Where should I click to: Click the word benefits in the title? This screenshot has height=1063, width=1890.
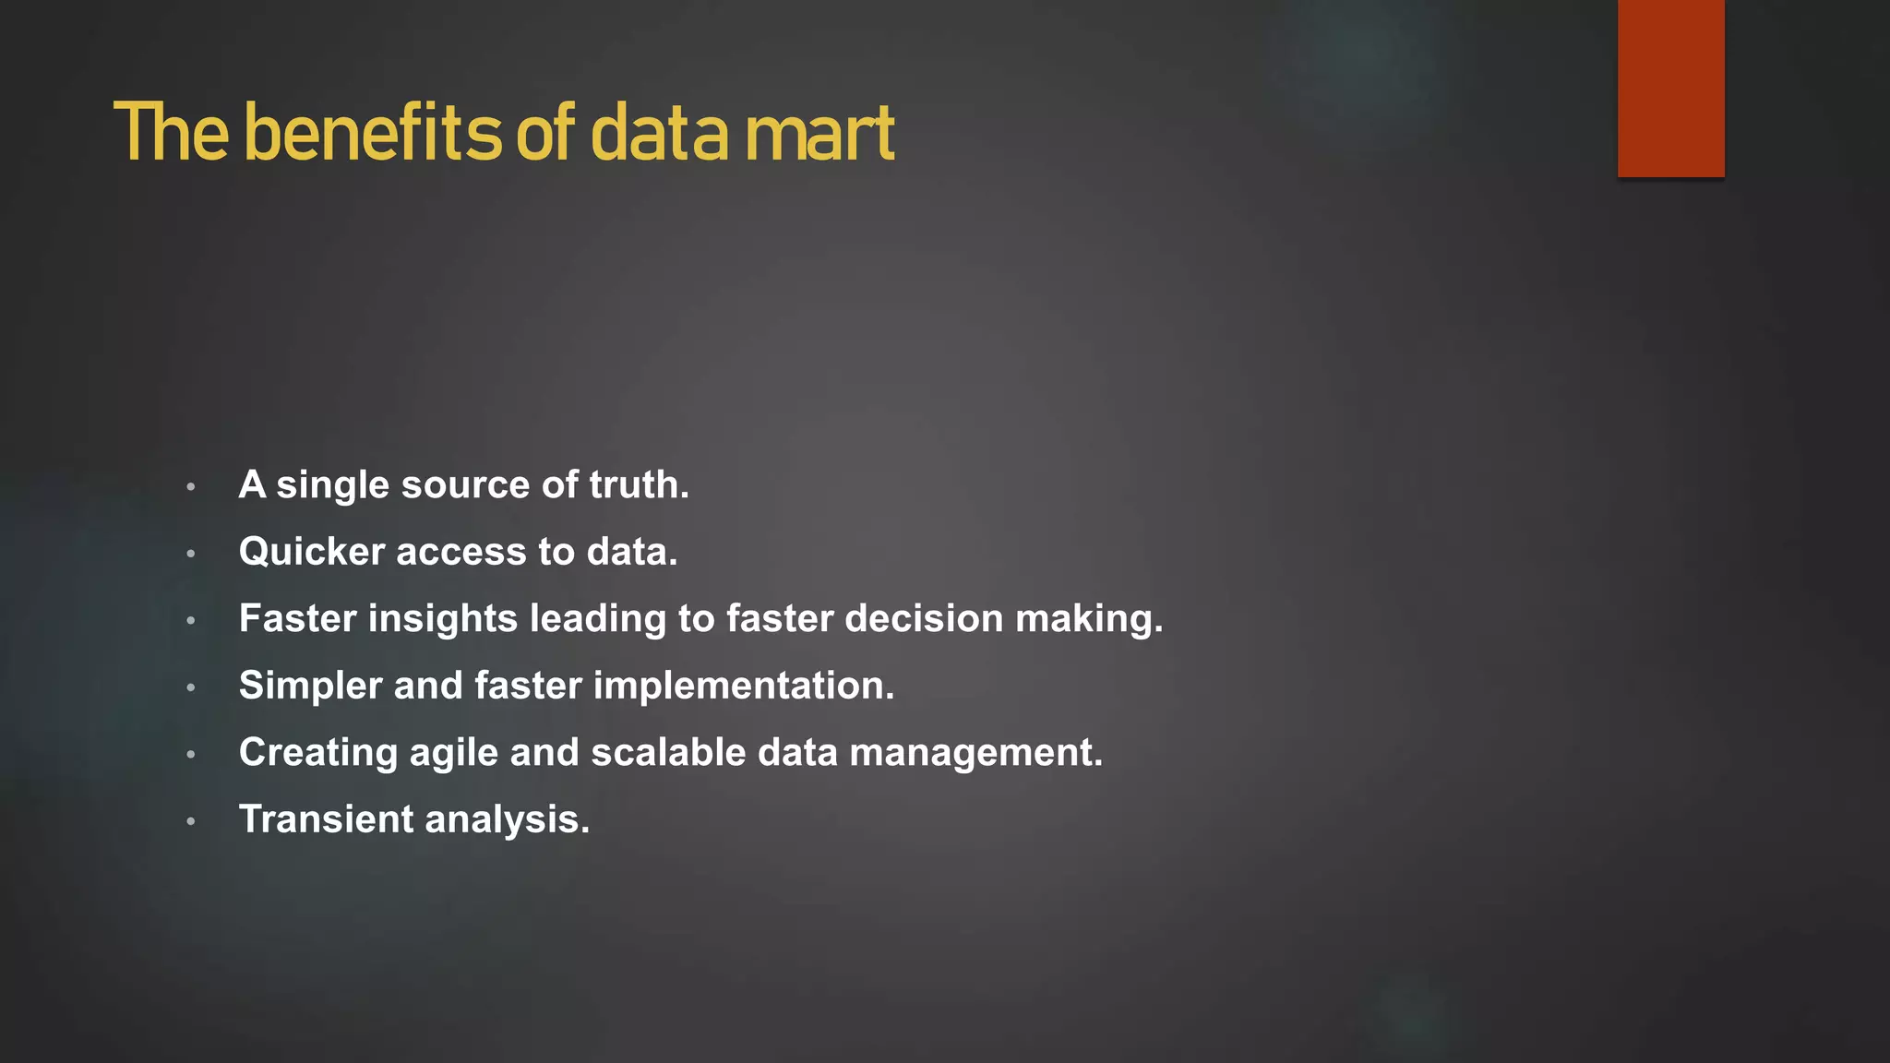tap(373, 134)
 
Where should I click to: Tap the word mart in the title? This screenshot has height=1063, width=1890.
tap(819, 134)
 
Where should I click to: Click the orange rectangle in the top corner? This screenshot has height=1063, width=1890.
tap(1670, 88)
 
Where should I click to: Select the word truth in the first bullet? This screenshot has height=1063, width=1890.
tap(639, 484)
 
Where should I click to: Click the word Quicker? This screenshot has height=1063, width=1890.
tap(312, 552)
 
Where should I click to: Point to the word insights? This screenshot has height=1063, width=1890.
tap(443, 618)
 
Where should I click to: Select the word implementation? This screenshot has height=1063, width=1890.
tap(744, 686)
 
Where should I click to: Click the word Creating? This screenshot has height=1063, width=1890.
tap(318, 753)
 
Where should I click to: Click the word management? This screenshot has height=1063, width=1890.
tap(975, 753)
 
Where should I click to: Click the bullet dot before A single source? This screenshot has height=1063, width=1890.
tap(191, 486)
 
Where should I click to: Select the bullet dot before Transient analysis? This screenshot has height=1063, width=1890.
tap(191, 821)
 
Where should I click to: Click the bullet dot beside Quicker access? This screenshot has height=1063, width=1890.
tap(191, 554)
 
